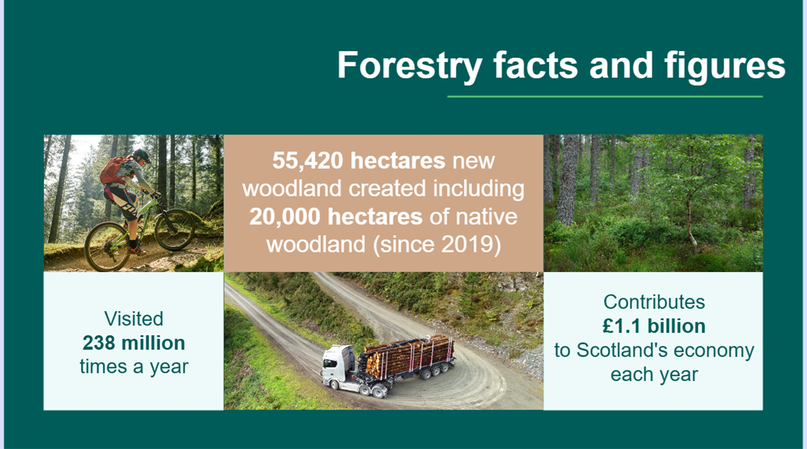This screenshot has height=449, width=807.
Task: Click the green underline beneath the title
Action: click(x=604, y=96)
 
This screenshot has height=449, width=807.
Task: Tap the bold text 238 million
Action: click(x=133, y=343)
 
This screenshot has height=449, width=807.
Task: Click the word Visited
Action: click(x=133, y=319)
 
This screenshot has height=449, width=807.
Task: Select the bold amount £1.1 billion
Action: click(x=653, y=326)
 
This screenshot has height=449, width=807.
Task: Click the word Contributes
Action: click(x=653, y=302)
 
